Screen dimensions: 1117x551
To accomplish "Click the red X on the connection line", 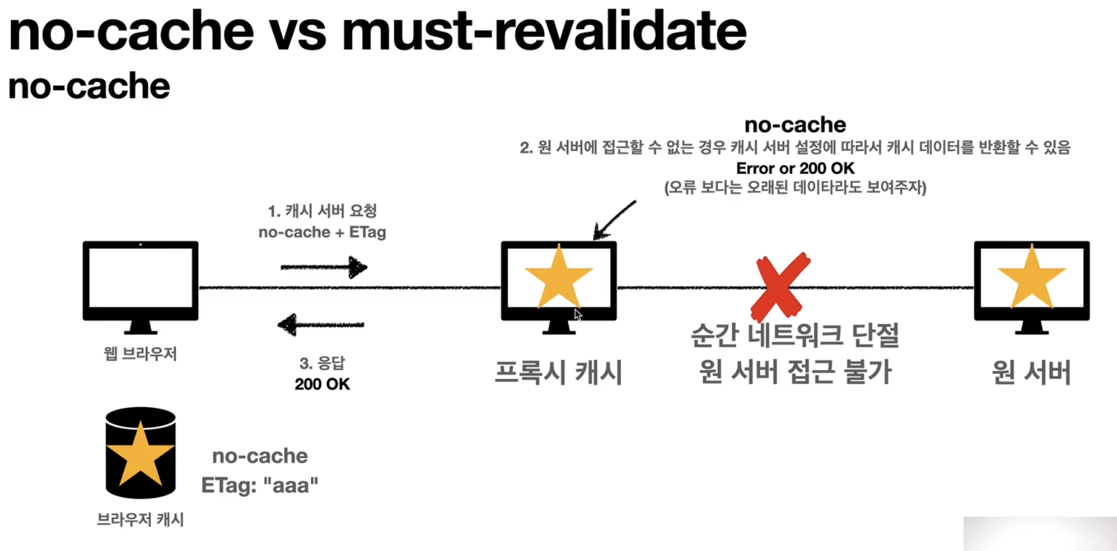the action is pos(780,287).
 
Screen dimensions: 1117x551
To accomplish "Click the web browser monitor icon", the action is pos(140,281).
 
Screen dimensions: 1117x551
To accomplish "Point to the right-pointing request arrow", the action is pos(324,267).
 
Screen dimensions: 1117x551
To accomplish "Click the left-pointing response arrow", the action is pos(321,325).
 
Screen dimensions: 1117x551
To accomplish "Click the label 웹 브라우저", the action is pos(140,353).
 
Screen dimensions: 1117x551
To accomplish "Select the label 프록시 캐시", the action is pos(558,372).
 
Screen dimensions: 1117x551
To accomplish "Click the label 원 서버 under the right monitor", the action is pos(1031,372).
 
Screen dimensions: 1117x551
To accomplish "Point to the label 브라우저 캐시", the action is pos(140,519).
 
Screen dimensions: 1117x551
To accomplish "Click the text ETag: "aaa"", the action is pos(260,485).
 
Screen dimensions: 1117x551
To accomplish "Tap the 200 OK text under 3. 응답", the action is pos(322,384).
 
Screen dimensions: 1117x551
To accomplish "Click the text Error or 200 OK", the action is pos(795,168).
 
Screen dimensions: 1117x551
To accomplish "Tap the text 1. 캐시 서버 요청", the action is pos(322,211).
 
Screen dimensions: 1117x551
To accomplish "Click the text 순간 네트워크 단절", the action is pos(795,335).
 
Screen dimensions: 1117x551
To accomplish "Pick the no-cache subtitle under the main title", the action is pos(89,86).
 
